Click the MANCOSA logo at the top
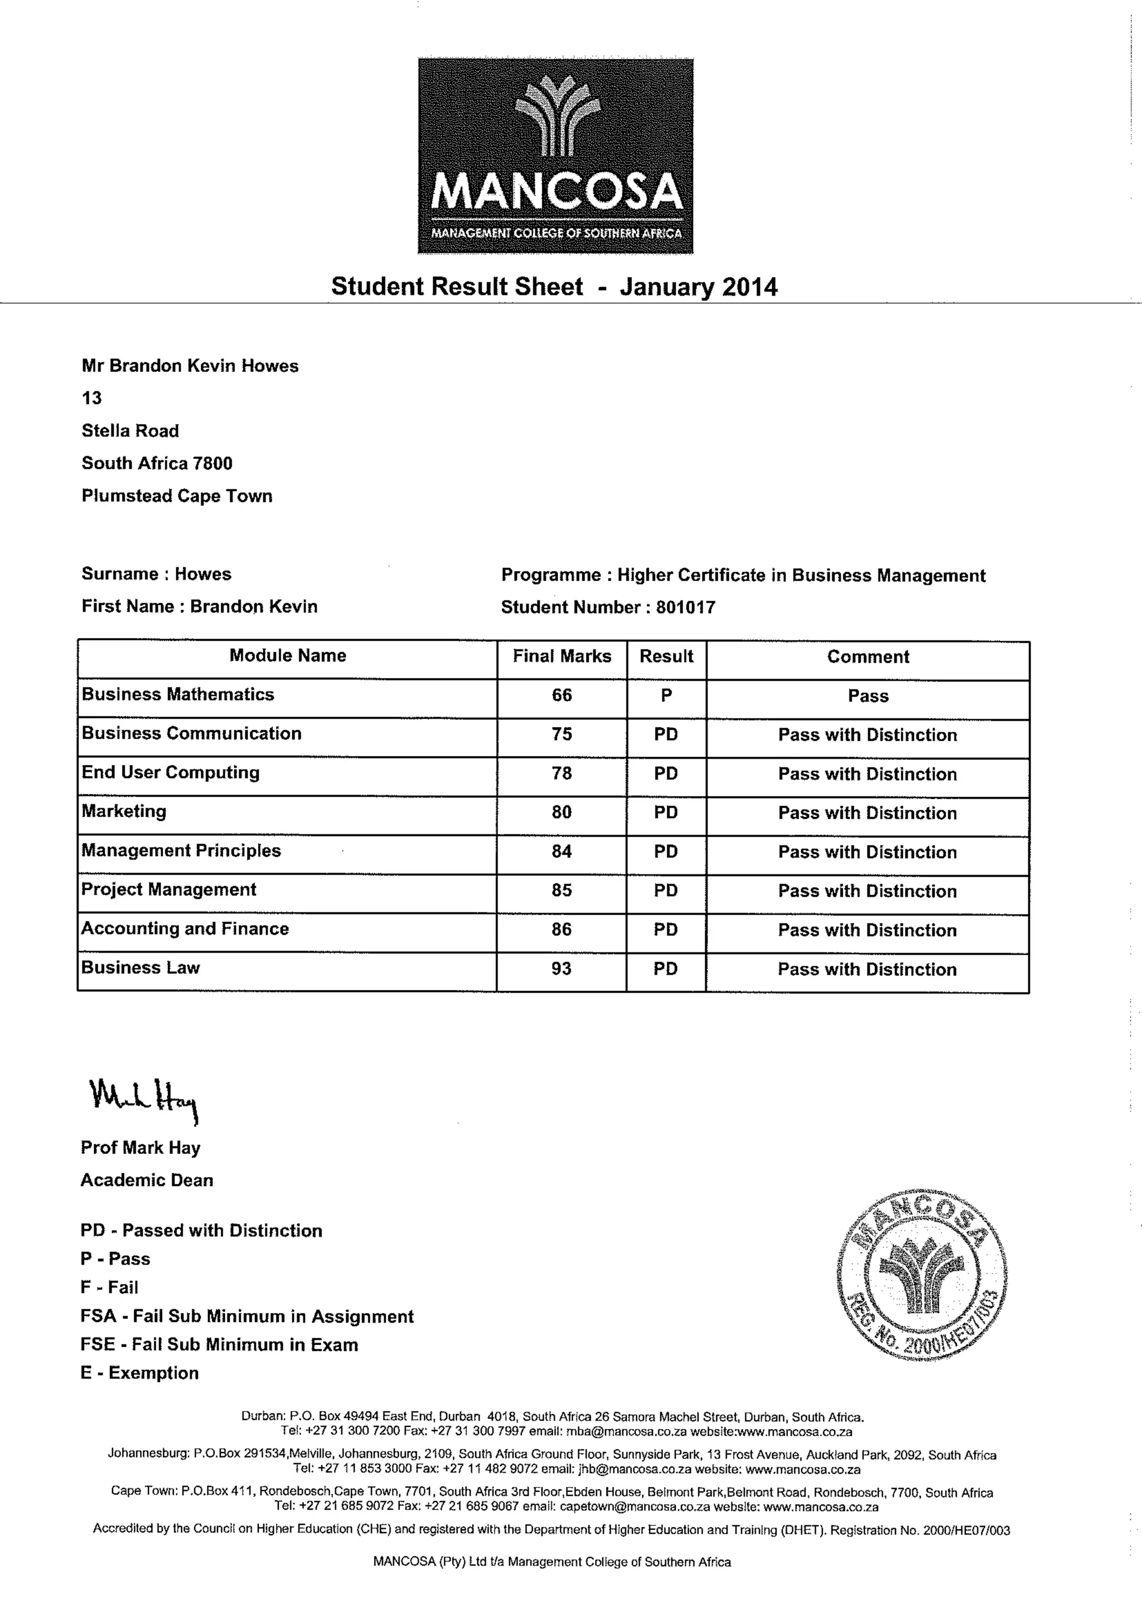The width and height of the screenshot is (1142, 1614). coord(555,156)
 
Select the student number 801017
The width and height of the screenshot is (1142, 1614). coord(686,607)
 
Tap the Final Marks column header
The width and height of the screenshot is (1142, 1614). coord(562,657)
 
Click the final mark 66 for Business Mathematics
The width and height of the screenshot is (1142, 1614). coord(562,695)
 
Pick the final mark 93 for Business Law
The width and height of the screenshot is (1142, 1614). coord(561,969)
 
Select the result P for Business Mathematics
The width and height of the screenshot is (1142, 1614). coord(666,695)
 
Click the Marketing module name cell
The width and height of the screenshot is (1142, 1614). coord(124,811)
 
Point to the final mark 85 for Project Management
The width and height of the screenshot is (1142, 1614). coord(561,891)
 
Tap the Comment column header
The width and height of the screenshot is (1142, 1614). coord(868,657)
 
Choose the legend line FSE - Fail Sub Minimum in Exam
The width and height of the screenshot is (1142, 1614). coord(219,1345)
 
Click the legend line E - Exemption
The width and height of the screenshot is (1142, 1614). coord(140,1373)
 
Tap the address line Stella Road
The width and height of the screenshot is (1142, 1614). coord(130,431)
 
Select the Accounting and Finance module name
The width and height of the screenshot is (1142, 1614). coord(186,928)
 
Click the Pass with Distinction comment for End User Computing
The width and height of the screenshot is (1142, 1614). coord(867,774)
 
